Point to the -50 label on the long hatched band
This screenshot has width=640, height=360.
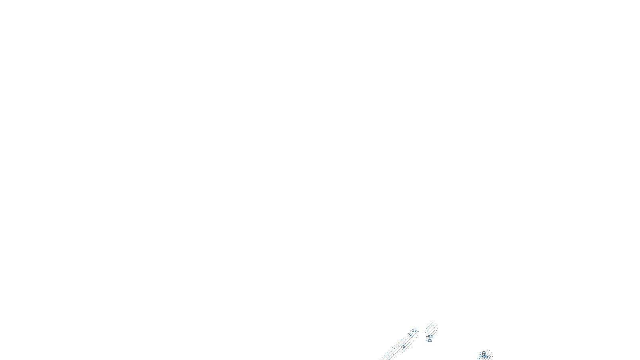click(x=410, y=335)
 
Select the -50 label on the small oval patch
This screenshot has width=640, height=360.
click(x=430, y=336)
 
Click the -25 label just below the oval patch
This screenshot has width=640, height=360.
click(x=429, y=340)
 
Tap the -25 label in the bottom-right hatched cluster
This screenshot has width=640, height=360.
click(x=483, y=352)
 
